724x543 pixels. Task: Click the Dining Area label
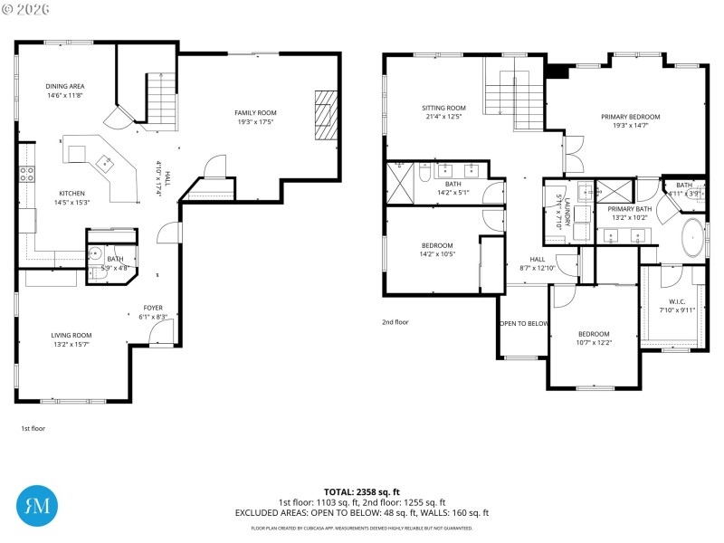[65, 86]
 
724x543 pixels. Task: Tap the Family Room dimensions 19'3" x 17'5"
[256, 122]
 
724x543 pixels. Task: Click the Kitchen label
[71, 193]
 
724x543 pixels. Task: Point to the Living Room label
[71, 335]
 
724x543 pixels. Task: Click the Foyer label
[153, 308]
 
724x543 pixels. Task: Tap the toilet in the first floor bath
[95, 254]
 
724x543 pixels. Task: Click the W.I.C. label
[677, 301]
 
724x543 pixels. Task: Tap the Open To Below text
[523, 323]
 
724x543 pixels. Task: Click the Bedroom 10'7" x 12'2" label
[594, 333]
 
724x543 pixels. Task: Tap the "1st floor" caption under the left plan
[33, 428]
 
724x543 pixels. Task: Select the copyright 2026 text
[27, 7]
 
